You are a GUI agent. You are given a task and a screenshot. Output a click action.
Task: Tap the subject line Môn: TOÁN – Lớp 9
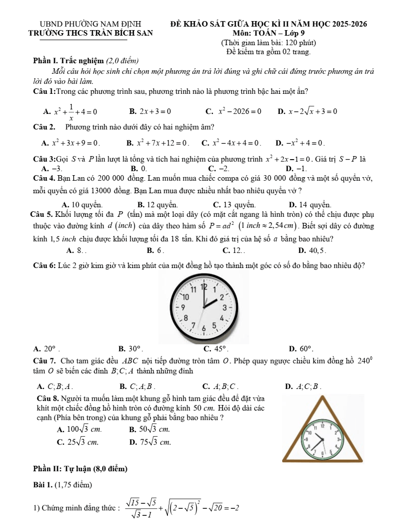[x=269, y=33]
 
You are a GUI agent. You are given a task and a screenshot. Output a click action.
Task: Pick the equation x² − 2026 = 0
[x=237, y=111]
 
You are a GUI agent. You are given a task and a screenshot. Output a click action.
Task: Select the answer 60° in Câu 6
[x=307, y=348]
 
